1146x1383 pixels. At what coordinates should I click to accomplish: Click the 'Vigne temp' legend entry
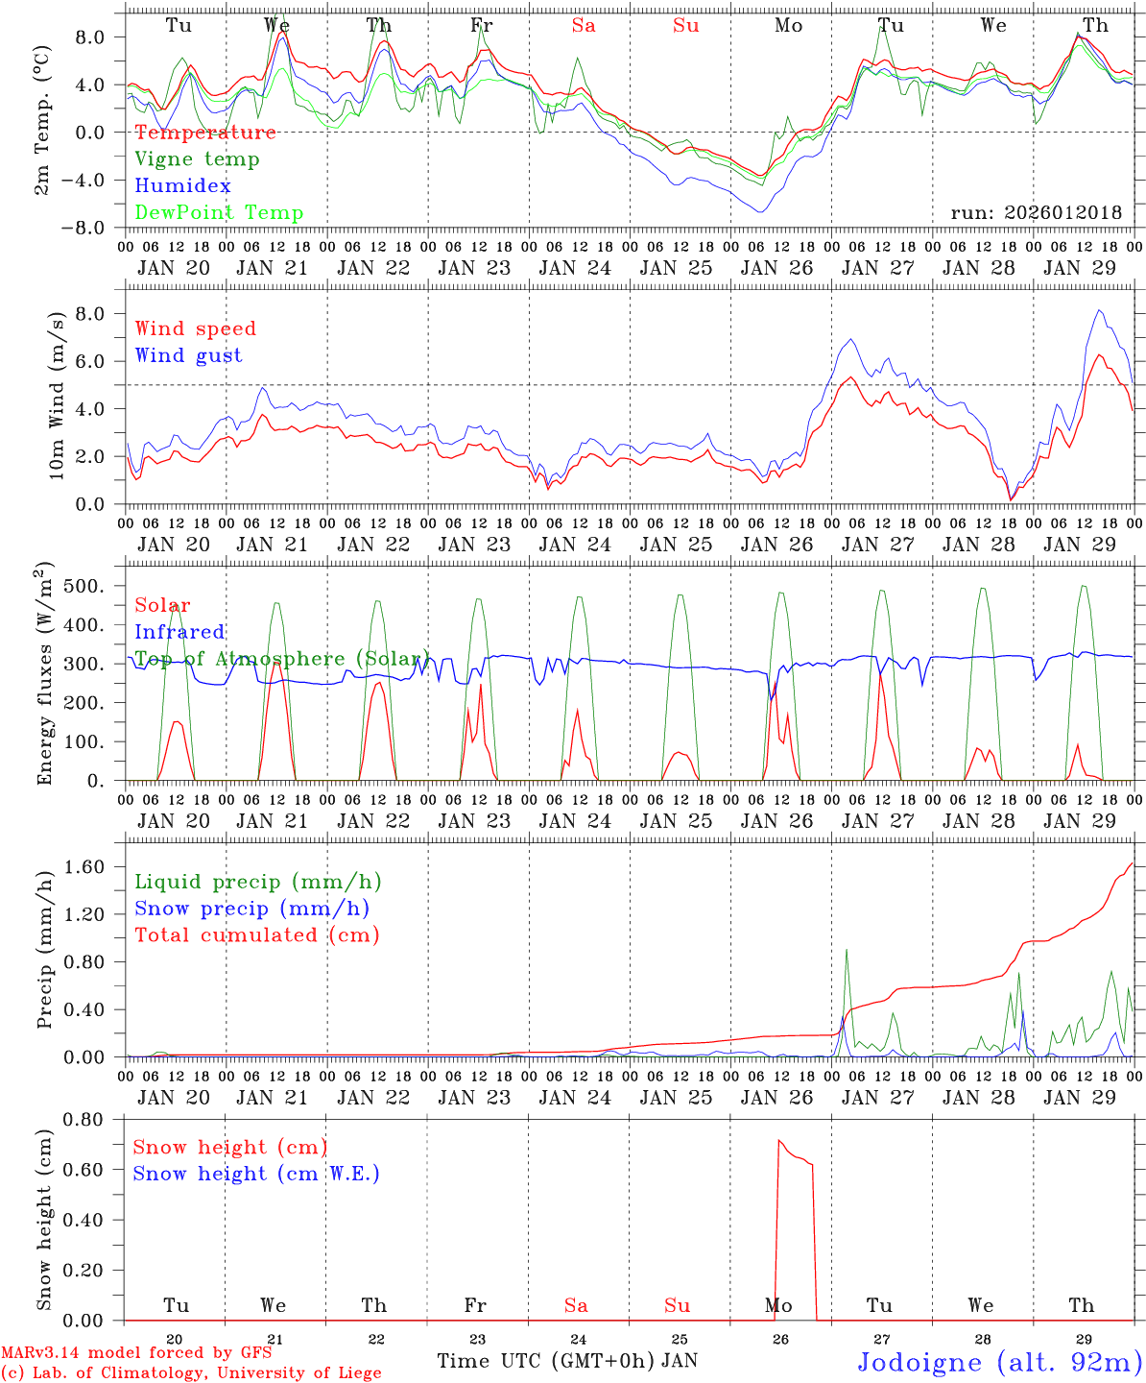pos(197,159)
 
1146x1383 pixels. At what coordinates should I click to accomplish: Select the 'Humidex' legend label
pos(182,186)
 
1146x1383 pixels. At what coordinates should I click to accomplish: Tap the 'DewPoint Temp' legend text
pos(219,213)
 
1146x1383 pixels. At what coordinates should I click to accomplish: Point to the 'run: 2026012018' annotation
pos(1036,213)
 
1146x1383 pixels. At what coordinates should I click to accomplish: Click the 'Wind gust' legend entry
pos(188,355)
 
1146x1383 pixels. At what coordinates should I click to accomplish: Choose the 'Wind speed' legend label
pos(196,328)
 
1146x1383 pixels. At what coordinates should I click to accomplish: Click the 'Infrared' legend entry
pos(179,632)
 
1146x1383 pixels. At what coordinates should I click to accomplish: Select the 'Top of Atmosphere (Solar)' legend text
pos(282,659)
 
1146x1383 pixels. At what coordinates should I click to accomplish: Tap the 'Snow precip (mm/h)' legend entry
pos(251,909)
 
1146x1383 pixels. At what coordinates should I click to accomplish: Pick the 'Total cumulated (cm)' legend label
pos(257,935)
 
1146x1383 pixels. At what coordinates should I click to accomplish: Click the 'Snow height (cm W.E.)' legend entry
pos(256,1174)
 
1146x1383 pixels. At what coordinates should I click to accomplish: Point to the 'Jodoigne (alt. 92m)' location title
pos(999,1362)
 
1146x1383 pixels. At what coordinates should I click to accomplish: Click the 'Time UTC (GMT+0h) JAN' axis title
pos(567,1361)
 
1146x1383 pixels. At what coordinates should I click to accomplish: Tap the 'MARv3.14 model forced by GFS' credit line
pos(136,1353)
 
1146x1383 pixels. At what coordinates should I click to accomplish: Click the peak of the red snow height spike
pos(778,1141)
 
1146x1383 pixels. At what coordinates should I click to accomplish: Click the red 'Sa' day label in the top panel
pos(584,26)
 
